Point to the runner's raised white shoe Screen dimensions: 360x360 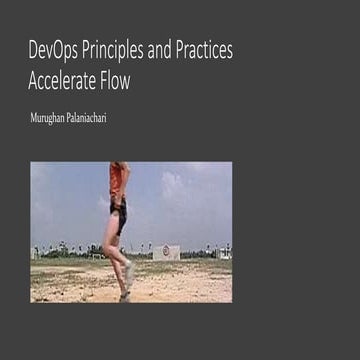coord(130,272)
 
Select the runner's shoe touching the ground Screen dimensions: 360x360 coord(124,295)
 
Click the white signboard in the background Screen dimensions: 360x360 coord(167,252)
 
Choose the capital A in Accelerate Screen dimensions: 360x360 coord(36,82)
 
